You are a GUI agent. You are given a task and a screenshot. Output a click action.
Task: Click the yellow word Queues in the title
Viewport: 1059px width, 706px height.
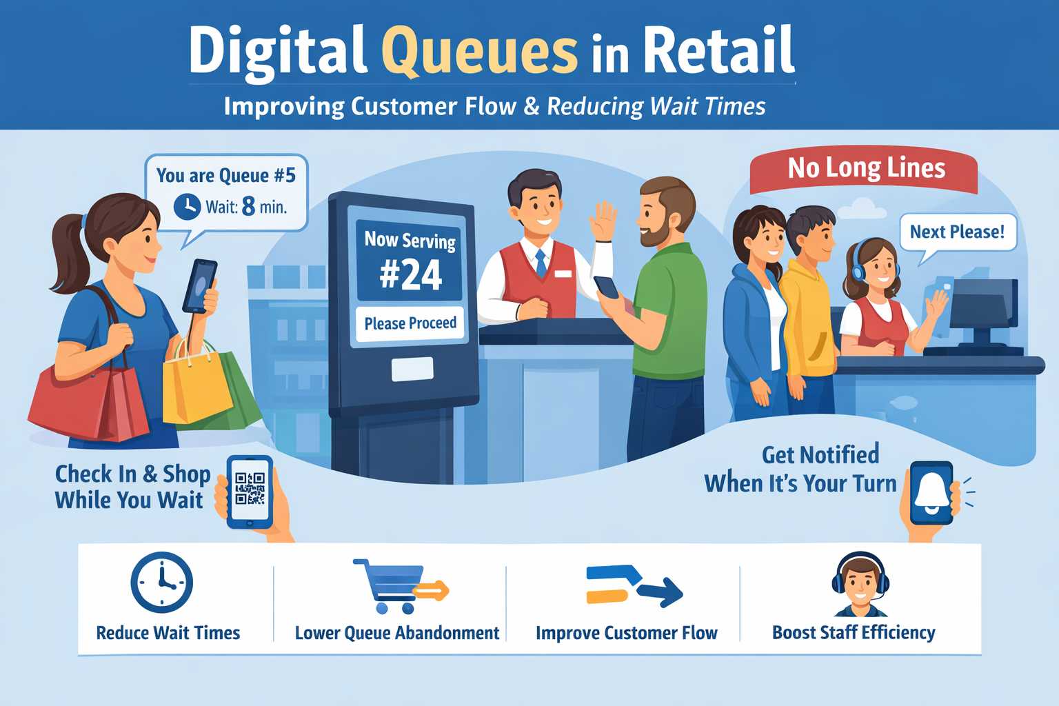coord(479,51)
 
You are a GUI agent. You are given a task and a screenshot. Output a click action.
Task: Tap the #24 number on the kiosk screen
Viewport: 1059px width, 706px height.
coord(410,274)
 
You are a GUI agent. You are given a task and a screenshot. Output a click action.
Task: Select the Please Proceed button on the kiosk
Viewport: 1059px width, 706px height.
coord(410,323)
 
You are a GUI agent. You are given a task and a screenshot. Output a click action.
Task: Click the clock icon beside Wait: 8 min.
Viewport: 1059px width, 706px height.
coord(187,206)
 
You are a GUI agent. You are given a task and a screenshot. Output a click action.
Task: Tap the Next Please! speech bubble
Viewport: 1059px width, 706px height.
coord(957,232)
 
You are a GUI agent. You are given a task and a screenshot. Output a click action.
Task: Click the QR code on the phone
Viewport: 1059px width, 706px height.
coord(250,489)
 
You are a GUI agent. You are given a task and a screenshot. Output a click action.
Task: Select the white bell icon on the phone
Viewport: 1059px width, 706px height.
coord(931,492)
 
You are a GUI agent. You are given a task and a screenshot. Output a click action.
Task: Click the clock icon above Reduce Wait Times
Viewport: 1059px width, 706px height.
coord(161,583)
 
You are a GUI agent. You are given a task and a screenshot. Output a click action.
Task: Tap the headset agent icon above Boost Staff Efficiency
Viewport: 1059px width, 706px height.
coord(860,585)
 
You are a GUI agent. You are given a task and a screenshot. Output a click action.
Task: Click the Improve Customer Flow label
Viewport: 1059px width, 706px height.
coord(626,633)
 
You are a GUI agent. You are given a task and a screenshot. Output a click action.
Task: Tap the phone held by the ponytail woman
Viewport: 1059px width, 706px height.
coord(200,285)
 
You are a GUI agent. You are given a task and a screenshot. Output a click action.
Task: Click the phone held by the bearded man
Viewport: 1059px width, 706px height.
coord(607,287)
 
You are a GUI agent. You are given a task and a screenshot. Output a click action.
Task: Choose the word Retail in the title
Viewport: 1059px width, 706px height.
coord(718,51)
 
